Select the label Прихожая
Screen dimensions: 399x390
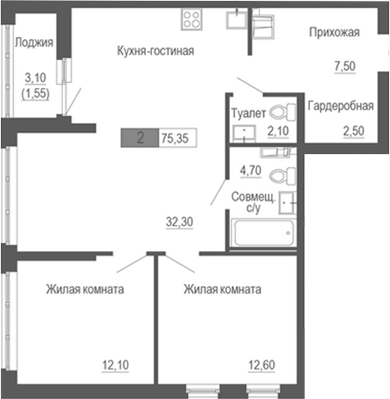(334, 32)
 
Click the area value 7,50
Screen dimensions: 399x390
(344, 66)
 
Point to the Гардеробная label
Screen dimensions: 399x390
(341, 106)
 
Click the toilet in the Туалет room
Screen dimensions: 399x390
(288, 112)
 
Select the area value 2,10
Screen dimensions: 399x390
(278, 132)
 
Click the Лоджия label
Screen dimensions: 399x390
(34, 42)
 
